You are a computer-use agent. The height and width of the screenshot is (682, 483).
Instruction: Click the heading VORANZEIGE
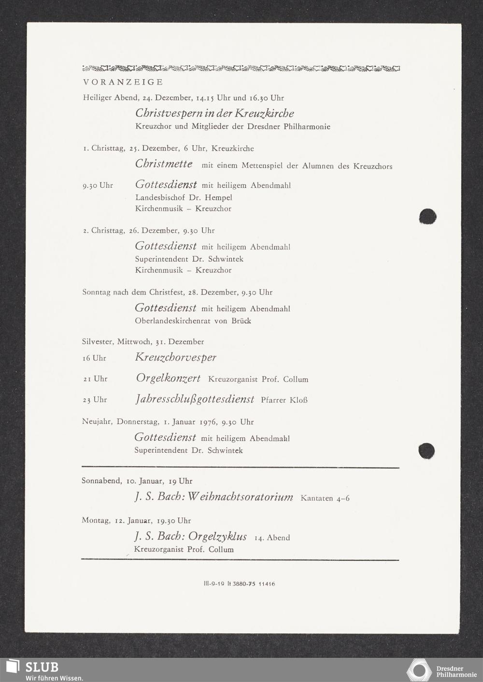pos(123,82)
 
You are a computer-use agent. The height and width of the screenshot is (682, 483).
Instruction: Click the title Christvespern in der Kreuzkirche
pos(214,113)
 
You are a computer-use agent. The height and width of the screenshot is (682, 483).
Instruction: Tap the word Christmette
pos(164,164)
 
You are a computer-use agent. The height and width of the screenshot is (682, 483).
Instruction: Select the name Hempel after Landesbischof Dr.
pos(218,197)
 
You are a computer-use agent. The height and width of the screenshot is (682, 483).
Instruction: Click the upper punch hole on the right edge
pos(427,216)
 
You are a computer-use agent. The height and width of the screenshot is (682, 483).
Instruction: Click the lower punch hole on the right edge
pos(426,451)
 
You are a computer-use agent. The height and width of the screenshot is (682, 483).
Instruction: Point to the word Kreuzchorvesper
pos(175,358)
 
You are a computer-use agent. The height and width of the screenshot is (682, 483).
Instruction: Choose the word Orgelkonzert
pos(168,378)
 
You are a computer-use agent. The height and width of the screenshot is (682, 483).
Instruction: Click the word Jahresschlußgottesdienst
pos(195,399)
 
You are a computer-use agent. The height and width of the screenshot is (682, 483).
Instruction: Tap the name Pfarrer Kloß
pos(284,400)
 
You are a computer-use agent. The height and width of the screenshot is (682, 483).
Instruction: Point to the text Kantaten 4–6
pos(325,498)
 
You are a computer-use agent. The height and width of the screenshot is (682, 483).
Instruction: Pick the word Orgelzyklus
pos(217,537)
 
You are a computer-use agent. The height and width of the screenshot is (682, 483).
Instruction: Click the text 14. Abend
pos(272,538)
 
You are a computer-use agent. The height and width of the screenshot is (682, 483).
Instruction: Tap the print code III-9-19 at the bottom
pos(214,584)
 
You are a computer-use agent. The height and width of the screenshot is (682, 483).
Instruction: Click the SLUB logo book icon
pos(12,666)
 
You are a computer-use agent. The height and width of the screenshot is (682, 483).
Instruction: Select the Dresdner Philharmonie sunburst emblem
pos(419,670)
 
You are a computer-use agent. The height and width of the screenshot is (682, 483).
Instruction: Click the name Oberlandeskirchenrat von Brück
pos(193,320)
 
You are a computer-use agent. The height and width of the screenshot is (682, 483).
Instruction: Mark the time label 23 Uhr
pos(95,400)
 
